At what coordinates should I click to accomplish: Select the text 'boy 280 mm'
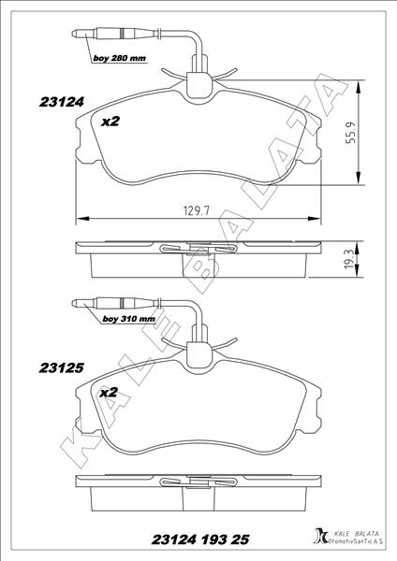(118, 58)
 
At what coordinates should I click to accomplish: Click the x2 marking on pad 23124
(110, 122)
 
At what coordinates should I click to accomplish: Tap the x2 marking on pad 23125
(108, 393)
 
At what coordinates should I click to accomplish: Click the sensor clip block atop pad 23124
(199, 86)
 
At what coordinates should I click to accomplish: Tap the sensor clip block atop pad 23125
(199, 353)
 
